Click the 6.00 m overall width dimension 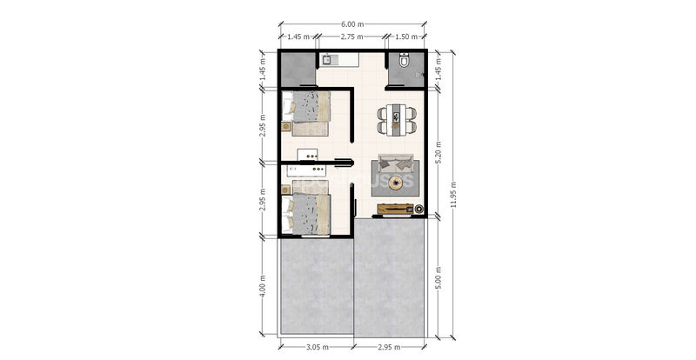352,24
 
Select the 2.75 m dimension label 352,37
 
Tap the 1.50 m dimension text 405,37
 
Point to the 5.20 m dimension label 438,152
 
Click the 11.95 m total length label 453,195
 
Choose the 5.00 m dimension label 438,278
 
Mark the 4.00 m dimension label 262,286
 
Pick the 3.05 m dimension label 317,347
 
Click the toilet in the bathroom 404,60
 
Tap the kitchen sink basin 327,60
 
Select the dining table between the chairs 397,120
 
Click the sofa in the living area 396,163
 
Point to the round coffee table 395,183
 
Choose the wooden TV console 396,209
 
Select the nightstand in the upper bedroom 286,127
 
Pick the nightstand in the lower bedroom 286,190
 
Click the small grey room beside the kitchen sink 298,69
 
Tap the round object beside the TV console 418,209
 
